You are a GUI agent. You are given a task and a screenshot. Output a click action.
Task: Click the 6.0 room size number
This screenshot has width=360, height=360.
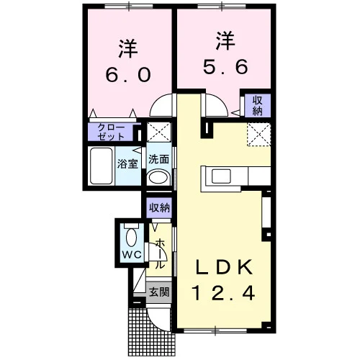(128, 74)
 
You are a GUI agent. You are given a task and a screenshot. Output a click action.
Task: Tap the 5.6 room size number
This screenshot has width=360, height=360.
(225, 66)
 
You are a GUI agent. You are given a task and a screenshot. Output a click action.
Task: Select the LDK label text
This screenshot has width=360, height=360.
(225, 267)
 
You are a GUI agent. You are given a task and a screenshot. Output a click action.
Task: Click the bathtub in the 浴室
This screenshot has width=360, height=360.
(102, 166)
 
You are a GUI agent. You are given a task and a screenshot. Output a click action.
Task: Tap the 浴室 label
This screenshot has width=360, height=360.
(127, 164)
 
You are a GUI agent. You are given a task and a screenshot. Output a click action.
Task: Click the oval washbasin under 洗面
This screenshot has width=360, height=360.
(158, 178)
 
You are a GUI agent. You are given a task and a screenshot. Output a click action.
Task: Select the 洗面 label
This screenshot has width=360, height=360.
(158, 159)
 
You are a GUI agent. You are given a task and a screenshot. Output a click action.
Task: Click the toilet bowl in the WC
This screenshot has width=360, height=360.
(131, 237)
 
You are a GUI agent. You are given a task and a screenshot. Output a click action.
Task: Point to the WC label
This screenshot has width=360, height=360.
(132, 255)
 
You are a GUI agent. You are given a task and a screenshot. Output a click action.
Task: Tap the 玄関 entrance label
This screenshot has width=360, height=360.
(159, 292)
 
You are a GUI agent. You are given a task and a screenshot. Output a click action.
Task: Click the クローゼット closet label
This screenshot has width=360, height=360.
(111, 132)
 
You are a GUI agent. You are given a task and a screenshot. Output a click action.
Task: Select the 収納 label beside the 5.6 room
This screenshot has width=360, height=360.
(257, 106)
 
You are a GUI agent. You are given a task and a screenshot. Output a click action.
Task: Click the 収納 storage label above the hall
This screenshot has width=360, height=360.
(159, 207)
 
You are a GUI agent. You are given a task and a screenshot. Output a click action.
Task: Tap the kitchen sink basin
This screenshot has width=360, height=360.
(221, 176)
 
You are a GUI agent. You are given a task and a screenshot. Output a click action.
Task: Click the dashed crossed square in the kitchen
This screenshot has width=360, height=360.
(259, 134)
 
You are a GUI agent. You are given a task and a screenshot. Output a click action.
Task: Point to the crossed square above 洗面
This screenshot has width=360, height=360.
(158, 132)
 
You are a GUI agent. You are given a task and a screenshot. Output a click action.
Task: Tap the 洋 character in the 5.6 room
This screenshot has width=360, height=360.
(225, 42)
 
